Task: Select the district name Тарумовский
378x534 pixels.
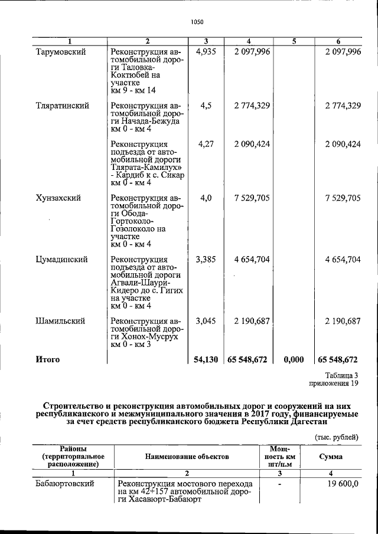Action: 61,52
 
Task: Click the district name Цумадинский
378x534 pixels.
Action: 62,259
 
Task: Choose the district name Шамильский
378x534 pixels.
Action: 60,321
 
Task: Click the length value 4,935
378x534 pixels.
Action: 206,52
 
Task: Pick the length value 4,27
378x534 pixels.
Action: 206,144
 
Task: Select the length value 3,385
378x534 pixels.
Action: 206,259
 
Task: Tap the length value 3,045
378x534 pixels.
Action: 206,321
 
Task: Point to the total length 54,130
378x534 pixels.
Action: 206,359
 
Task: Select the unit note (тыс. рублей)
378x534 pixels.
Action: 336,437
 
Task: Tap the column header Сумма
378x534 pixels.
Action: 335,457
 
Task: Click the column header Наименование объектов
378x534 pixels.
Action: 187,457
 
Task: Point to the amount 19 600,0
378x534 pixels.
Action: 342,484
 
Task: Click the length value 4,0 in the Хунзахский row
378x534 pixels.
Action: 206,198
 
